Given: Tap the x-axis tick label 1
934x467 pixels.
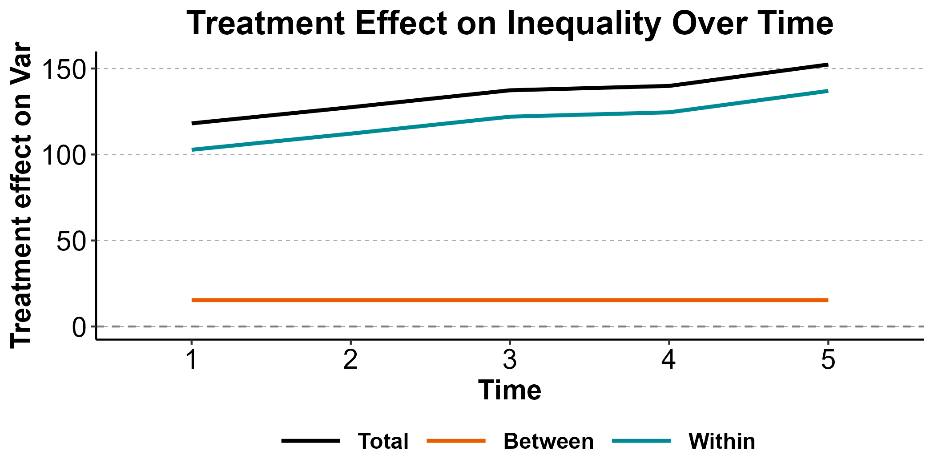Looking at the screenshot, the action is click(x=192, y=359).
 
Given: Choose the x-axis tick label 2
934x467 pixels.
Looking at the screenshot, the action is click(x=350, y=359).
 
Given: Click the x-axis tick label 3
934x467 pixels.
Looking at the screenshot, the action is click(x=510, y=359).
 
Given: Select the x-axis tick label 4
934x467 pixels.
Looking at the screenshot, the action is click(x=668, y=359).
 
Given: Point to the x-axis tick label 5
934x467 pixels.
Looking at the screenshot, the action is click(x=828, y=359).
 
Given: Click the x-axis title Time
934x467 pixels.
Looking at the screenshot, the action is click(x=510, y=391).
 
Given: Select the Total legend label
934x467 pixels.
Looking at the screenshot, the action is click(x=383, y=441).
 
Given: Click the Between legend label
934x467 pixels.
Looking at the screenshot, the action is click(x=548, y=441).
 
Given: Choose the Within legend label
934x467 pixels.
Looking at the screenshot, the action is click(x=722, y=441).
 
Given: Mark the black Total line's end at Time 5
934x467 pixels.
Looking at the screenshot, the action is click(x=828, y=65).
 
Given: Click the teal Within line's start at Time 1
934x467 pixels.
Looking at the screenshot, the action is click(x=192, y=150).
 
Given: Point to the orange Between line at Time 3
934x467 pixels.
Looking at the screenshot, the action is click(x=510, y=300).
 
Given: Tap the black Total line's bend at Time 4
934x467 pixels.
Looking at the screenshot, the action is click(x=668, y=86).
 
